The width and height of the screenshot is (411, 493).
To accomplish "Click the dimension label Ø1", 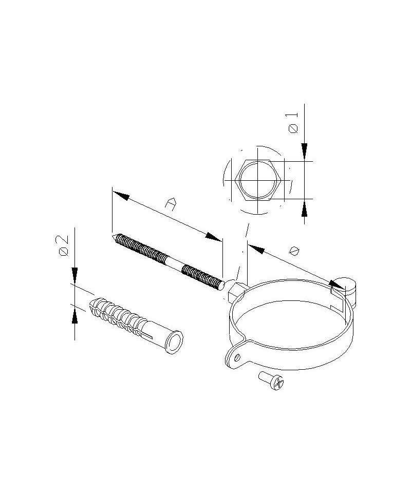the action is (x=293, y=123).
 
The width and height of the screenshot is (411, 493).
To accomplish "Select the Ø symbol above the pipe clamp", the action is (x=294, y=251).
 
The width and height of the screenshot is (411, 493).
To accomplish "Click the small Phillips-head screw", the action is (x=271, y=381).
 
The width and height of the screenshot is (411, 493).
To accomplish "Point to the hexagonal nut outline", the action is (x=257, y=180).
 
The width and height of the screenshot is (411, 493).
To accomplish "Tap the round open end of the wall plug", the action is (x=174, y=342).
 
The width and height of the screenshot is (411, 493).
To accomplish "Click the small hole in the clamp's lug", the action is (x=237, y=357).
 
